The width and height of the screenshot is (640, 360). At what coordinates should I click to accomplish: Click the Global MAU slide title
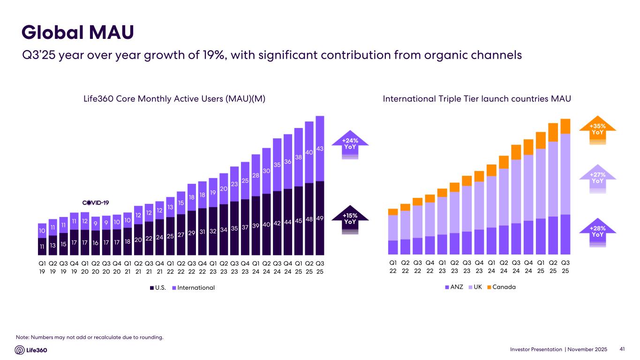[x=78, y=32]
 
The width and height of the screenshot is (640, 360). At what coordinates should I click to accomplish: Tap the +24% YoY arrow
[x=350, y=144]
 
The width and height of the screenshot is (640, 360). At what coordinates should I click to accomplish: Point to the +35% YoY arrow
[x=597, y=129]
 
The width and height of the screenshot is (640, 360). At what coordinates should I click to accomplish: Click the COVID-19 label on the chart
[x=96, y=202]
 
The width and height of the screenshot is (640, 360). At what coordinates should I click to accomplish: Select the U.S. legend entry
[x=158, y=287]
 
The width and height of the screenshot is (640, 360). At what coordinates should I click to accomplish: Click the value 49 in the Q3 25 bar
[x=320, y=218]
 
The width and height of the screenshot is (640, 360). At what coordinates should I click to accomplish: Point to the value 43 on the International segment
[x=320, y=149]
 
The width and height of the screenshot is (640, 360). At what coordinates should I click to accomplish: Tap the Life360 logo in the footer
[x=31, y=350]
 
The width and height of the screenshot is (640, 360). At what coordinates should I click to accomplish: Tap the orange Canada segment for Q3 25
[x=565, y=126]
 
